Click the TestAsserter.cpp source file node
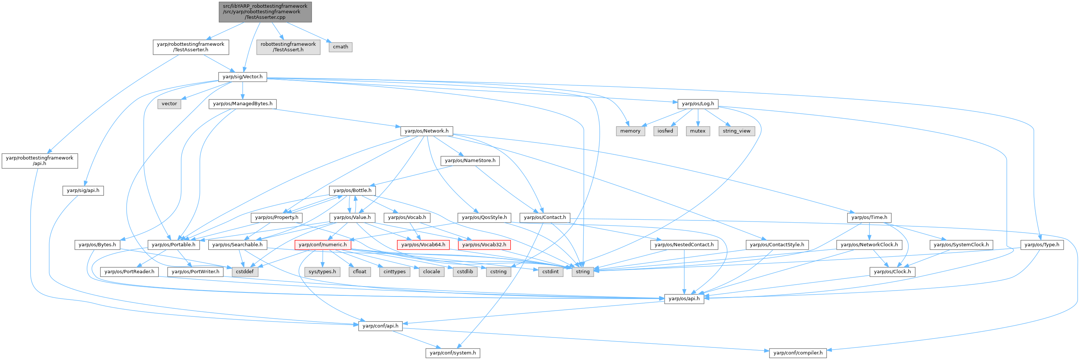click(x=265, y=12)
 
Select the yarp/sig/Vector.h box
click(x=242, y=77)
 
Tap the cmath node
click(x=340, y=47)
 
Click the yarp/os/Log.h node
click(x=697, y=103)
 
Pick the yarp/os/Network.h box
click(x=426, y=131)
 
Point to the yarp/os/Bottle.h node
click(x=352, y=190)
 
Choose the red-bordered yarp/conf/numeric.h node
click(x=322, y=245)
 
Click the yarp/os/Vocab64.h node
click(x=423, y=245)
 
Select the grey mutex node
click(x=697, y=131)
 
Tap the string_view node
click(x=736, y=131)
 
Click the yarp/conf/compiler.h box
click(x=798, y=353)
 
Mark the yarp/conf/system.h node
click(x=453, y=353)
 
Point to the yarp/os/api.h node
click(x=684, y=298)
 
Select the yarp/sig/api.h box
click(x=83, y=191)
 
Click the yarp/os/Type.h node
click(x=1042, y=245)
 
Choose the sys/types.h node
click(x=322, y=272)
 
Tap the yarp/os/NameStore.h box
click(x=470, y=161)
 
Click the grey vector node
click(x=169, y=104)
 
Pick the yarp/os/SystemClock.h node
click(x=961, y=245)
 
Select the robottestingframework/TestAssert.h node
click(x=288, y=47)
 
